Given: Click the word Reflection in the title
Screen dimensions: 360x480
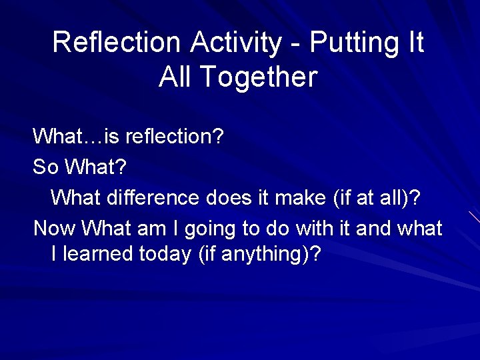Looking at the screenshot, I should coord(116,42).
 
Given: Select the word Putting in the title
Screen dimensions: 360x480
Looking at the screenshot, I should coord(351,42).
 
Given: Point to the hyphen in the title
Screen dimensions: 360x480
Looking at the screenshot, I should coord(296,43).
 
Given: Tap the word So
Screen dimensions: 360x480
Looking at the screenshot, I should coord(45,167).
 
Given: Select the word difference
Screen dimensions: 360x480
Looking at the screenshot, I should coord(153,198).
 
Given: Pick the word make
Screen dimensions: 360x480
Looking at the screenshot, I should coord(307,198).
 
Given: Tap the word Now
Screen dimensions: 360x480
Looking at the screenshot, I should coord(55,229).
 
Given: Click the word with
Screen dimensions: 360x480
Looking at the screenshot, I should coord(315,229).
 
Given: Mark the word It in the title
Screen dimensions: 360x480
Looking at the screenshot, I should coord(415,42).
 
